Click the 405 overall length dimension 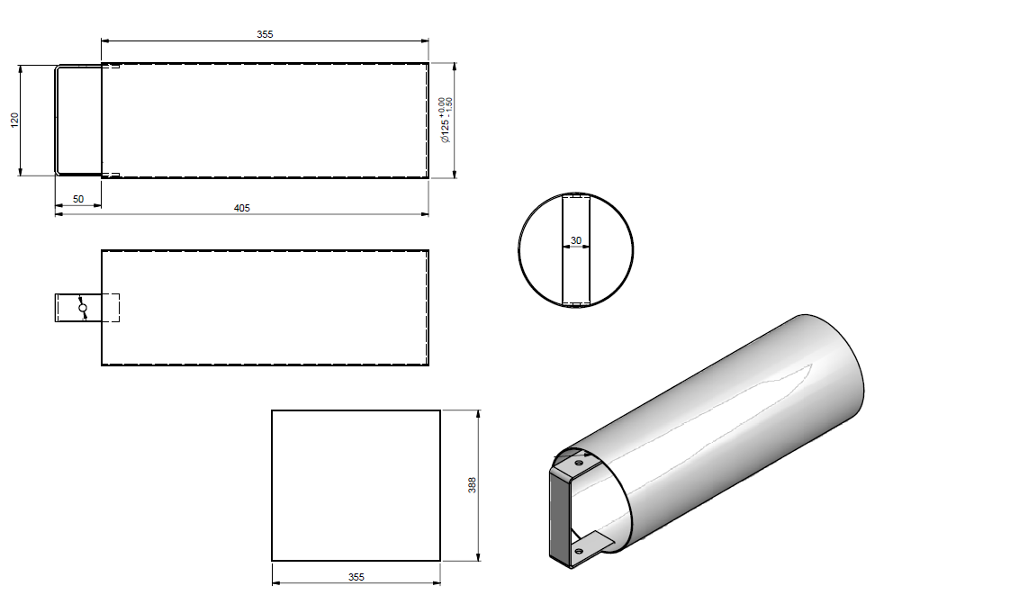tap(241, 208)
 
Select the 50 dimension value tap(78, 199)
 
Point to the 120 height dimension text tap(14, 121)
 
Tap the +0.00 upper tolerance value tap(440, 105)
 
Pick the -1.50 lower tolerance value tap(448, 105)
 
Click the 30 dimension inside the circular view tap(576, 240)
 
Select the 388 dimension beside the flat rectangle tap(472, 485)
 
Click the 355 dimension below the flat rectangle tap(356, 577)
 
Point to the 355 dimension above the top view tap(265, 34)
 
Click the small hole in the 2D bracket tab tap(83, 308)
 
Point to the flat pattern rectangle tap(356, 485)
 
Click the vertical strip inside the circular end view tap(576, 270)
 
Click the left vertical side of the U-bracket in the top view tap(56, 121)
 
